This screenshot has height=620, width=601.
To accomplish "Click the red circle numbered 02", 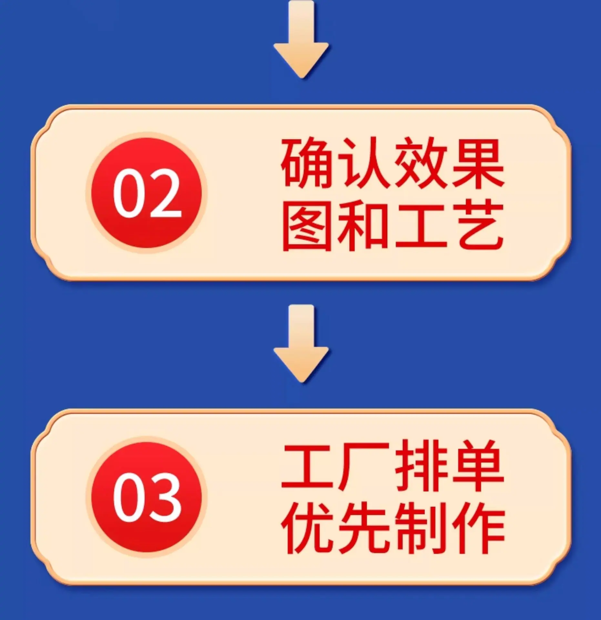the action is tap(147, 193).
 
